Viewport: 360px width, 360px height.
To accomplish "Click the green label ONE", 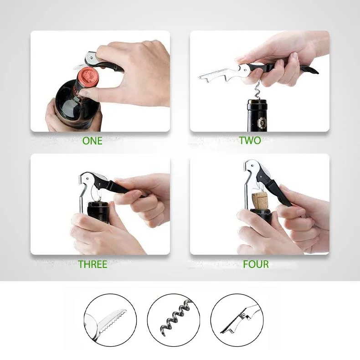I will pyautogui.click(x=92, y=141).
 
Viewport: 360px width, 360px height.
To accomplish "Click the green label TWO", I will pyautogui.click(x=250, y=140).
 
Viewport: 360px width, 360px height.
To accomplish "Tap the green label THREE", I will pyautogui.click(x=93, y=264).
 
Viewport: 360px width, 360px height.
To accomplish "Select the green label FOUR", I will pyautogui.click(x=256, y=264).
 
